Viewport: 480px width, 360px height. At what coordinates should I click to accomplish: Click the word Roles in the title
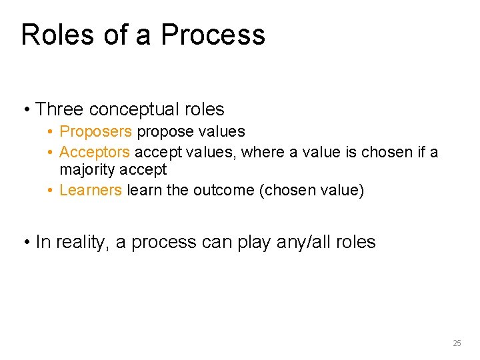click(57, 35)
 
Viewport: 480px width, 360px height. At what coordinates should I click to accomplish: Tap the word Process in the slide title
click(213, 35)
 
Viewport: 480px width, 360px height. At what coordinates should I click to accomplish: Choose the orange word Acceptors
click(94, 152)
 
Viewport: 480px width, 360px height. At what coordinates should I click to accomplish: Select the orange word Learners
click(91, 190)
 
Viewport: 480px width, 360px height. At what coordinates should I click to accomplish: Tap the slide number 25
click(457, 343)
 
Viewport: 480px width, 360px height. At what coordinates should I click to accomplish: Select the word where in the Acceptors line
click(261, 152)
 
